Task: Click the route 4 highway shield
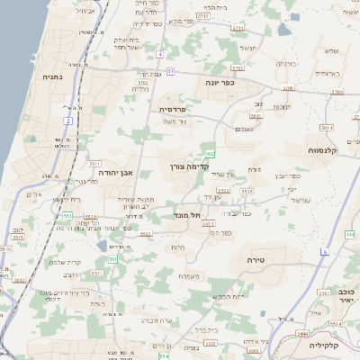pyautogui.click(x=160, y=54)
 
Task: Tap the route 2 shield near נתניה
pyautogui.click(x=68, y=120)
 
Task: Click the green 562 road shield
pyautogui.click(x=210, y=155)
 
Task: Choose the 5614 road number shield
pyautogui.click(x=257, y=116)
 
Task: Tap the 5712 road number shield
pyautogui.click(x=202, y=17)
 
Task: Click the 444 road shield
pyautogui.click(x=349, y=235)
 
